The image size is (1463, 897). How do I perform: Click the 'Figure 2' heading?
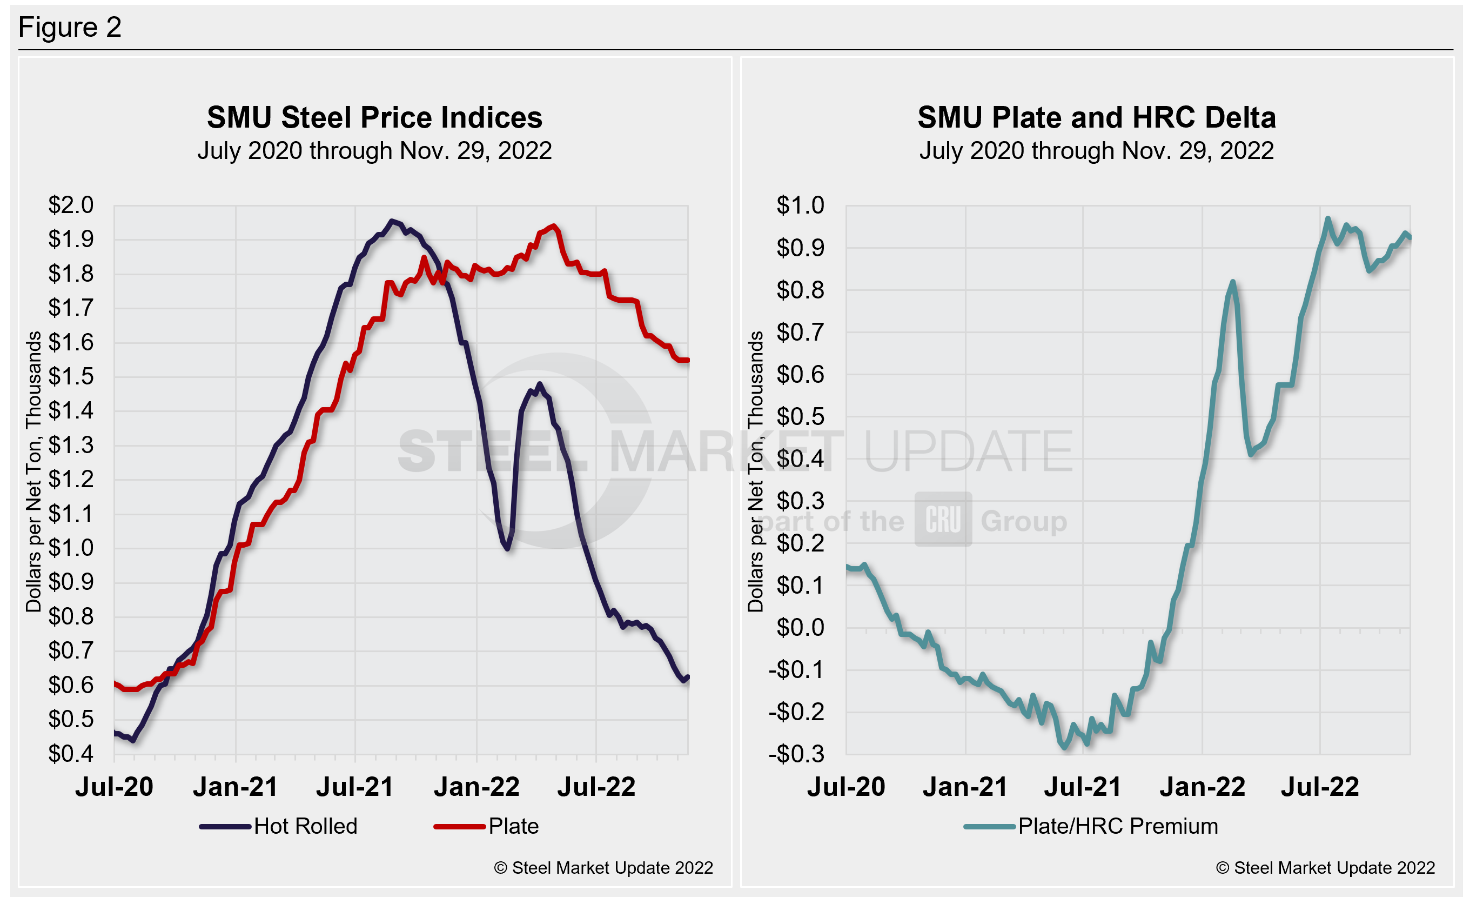(70, 28)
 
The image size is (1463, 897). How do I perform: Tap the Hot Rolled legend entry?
(279, 826)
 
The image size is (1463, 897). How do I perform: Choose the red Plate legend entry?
(487, 826)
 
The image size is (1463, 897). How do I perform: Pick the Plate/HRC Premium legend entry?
(1091, 826)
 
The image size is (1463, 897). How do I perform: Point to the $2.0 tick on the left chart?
(71, 205)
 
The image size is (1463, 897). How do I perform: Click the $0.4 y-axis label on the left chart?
(71, 753)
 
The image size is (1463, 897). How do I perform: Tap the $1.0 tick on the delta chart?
(800, 205)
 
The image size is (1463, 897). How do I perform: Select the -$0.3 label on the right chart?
(796, 753)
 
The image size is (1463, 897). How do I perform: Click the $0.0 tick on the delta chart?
(800, 627)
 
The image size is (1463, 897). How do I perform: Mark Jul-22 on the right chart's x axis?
(1319, 787)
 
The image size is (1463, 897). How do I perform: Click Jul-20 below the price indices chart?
(114, 787)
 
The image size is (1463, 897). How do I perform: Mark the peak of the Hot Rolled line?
(391, 221)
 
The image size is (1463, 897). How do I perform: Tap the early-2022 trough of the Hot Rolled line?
(508, 548)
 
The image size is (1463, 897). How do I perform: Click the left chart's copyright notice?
(603, 868)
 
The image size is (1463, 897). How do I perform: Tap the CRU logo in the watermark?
(943, 519)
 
